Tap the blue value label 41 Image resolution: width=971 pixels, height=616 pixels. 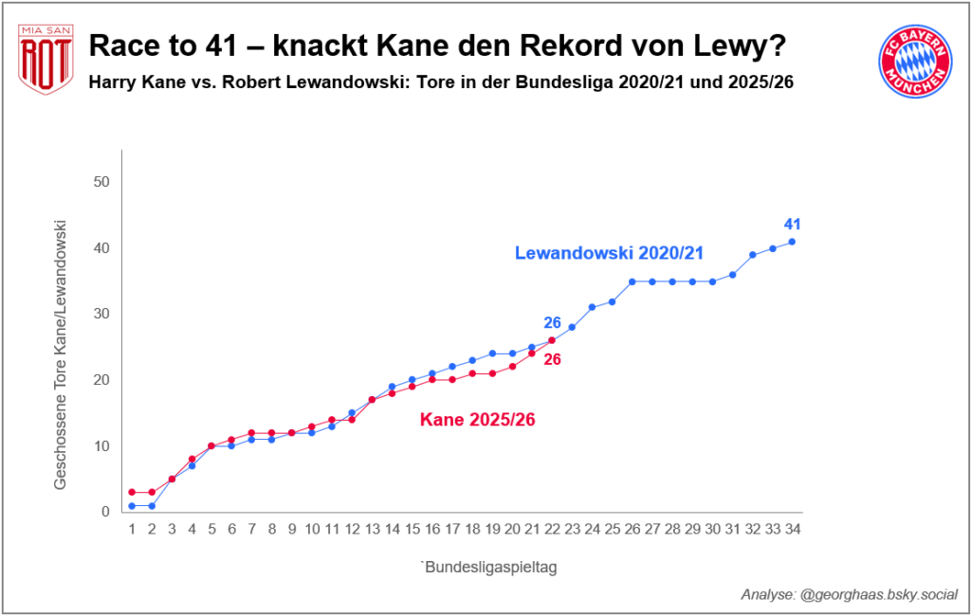click(793, 225)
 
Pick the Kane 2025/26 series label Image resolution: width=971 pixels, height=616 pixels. click(478, 419)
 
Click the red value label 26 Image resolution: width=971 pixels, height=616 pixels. click(552, 360)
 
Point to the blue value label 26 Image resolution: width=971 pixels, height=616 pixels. click(552, 323)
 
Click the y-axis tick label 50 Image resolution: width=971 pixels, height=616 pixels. click(101, 182)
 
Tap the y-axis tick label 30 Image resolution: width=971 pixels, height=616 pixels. click(101, 314)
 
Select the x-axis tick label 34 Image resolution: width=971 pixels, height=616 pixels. click(792, 529)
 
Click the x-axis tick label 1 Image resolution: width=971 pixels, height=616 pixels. click(132, 529)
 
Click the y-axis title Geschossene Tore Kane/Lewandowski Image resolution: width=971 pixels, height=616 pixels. click(61, 354)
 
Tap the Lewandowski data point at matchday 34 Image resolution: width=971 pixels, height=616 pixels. click(792, 242)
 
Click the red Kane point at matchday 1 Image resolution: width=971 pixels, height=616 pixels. click(132, 492)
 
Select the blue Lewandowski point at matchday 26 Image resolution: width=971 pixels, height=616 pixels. click(632, 281)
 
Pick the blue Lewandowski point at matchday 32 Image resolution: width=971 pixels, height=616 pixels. click(752, 255)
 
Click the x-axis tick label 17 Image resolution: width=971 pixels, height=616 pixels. click(452, 529)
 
